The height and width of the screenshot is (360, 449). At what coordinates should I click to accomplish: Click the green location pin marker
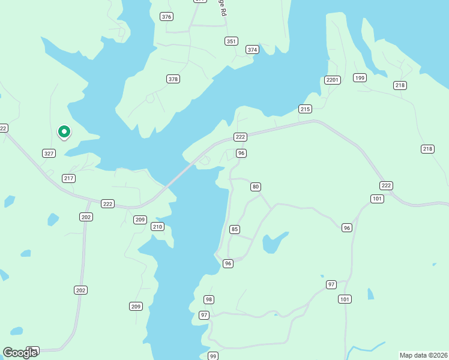(x=64, y=131)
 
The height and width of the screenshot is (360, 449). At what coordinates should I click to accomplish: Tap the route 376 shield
(x=167, y=17)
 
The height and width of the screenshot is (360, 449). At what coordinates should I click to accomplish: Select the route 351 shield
(x=231, y=41)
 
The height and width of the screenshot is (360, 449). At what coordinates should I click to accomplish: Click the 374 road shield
(x=252, y=50)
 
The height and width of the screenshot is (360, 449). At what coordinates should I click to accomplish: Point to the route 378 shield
(x=173, y=79)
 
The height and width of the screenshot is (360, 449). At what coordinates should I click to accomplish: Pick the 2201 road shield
(x=333, y=80)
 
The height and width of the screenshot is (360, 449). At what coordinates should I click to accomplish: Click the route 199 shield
(x=360, y=78)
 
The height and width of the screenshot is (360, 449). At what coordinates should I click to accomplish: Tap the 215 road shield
(x=305, y=109)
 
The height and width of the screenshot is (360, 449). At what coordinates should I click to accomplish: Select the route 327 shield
(x=49, y=154)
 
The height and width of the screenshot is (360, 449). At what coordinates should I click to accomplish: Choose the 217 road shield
(x=68, y=178)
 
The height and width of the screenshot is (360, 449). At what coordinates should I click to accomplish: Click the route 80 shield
(x=256, y=187)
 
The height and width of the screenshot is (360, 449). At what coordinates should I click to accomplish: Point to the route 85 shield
(x=235, y=229)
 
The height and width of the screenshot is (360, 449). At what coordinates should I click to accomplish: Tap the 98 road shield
(x=208, y=299)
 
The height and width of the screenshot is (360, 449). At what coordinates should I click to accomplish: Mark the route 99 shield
(x=212, y=356)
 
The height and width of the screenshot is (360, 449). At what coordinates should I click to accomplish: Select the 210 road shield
(x=157, y=227)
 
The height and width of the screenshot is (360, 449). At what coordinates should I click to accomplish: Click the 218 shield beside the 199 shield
(x=400, y=86)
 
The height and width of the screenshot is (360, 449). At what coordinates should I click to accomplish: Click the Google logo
(x=20, y=352)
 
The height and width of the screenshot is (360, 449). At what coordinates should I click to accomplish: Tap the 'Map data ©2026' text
(x=423, y=355)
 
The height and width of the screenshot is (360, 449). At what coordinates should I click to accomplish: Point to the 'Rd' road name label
(x=223, y=11)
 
